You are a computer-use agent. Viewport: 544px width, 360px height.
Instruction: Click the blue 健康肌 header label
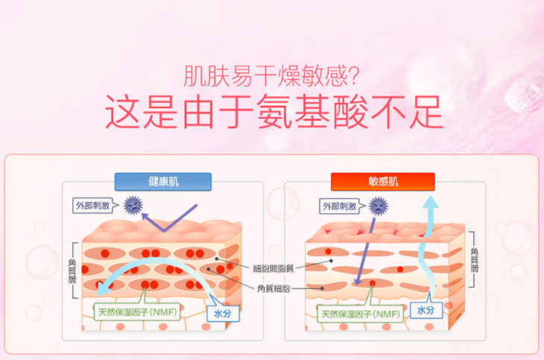coord(163,181)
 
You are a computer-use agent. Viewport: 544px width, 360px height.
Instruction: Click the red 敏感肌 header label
coord(382,181)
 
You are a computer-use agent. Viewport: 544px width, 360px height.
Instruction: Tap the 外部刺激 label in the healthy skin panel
coord(94,204)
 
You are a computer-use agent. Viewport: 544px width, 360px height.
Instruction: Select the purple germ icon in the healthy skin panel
coord(133,203)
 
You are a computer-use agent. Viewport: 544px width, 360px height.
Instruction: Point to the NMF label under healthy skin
coord(136,312)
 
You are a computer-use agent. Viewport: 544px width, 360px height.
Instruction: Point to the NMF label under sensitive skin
coord(361,314)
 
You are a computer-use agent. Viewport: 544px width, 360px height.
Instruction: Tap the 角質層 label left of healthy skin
coord(73,269)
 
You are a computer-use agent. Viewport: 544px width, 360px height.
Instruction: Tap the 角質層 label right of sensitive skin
coord(475,260)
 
